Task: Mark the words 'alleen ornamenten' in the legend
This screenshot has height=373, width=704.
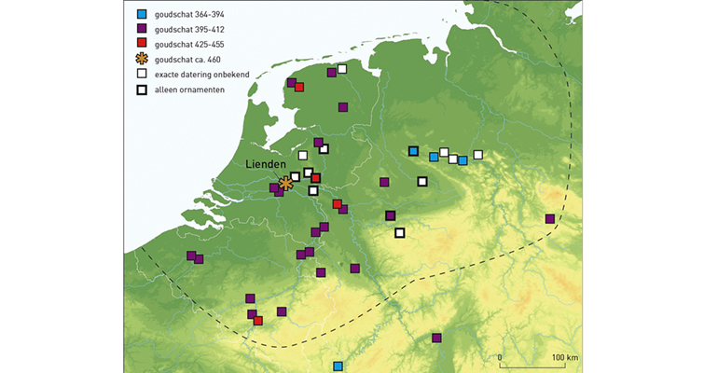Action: coord(194,90)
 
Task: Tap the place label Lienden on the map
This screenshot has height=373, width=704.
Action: coord(265,165)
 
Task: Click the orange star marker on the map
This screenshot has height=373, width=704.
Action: coord(285,184)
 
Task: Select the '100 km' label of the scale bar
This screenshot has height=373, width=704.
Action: coord(565,357)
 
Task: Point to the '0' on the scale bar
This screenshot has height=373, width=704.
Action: coord(501,357)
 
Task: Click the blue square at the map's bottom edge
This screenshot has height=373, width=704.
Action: coord(338,366)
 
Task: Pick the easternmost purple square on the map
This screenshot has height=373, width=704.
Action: coord(550,219)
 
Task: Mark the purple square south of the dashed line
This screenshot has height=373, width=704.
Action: coord(436,338)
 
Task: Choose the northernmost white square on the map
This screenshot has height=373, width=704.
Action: coord(342,68)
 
